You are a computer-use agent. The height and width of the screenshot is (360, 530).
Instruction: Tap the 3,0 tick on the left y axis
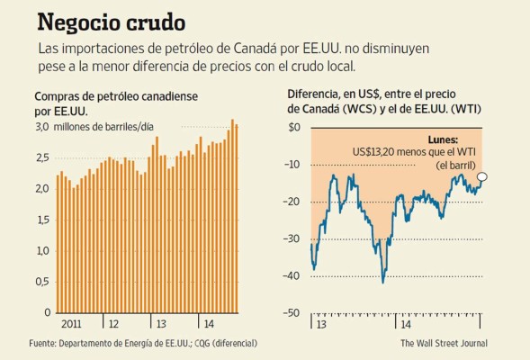(x=41, y=127)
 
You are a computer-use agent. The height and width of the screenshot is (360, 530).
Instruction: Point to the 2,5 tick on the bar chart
(x=41, y=158)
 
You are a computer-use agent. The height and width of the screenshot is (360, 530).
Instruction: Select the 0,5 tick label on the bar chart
(x=41, y=282)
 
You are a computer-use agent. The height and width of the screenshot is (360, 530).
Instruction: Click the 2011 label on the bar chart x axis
(x=73, y=322)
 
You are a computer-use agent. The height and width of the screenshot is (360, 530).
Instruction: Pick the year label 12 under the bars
(x=113, y=322)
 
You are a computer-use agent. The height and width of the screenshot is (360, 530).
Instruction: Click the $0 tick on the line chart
(x=293, y=127)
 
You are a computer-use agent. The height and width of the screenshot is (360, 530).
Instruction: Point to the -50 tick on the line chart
(x=292, y=312)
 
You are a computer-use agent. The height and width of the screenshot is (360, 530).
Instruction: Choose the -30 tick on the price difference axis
(x=292, y=238)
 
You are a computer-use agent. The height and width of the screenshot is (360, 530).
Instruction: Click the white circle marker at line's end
(x=482, y=177)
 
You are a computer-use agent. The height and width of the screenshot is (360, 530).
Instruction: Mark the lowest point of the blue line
(x=383, y=282)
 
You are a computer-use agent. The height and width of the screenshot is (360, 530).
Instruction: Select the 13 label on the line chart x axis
(x=319, y=322)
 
